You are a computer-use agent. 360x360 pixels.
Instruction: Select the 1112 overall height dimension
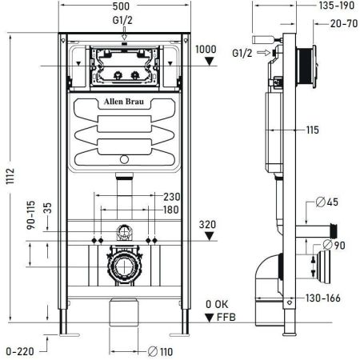(x=10, y=178)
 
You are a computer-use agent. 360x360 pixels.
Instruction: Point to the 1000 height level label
(x=206, y=50)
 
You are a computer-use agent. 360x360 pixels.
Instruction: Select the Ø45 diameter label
(x=334, y=201)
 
